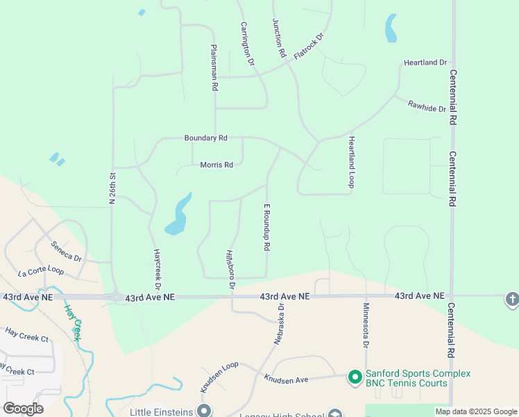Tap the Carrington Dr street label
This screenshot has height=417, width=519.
[248, 44]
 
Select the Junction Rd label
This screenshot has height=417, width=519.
[280, 38]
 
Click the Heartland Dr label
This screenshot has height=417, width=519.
[425, 63]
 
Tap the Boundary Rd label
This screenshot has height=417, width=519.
[205, 138]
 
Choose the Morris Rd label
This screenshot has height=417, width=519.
[216, 165]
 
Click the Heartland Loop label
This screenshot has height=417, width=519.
[351, 161]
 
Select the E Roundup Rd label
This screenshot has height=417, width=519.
[266, 227]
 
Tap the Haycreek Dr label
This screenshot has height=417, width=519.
[158, 269]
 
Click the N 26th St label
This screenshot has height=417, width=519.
[111, 188]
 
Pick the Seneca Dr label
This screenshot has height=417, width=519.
[66, 251]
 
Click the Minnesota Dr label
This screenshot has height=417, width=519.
[366, 325]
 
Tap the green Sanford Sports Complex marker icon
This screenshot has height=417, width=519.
[355, 377]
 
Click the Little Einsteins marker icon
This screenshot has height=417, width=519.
[204, 411]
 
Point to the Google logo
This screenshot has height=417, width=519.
[24, 409]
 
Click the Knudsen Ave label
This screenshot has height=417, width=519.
[286, 379]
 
